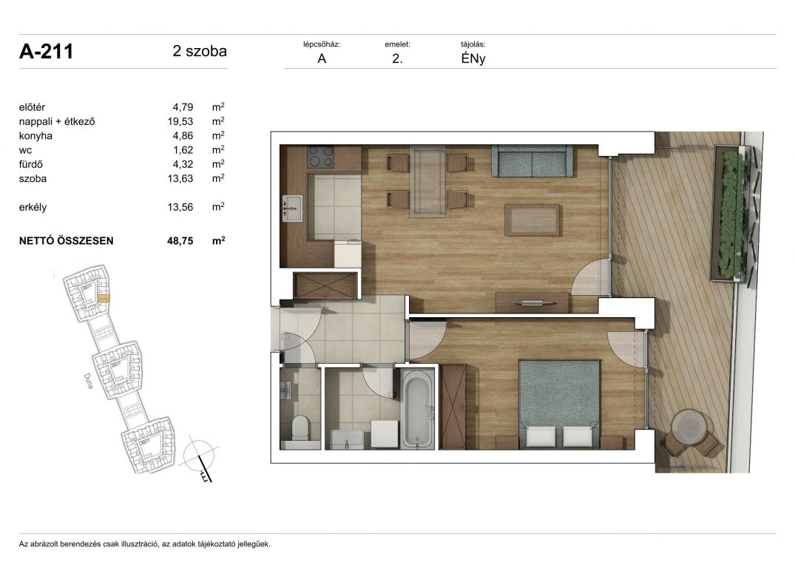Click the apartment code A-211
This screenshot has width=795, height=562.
click(46, 51)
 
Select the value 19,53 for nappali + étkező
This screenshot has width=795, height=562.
click(180, 121)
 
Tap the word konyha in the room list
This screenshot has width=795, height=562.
click(35, 136)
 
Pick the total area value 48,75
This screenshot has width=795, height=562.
click(180, 241)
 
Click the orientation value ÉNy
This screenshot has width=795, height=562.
click(473, 58)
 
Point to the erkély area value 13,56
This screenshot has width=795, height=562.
click(180, 207)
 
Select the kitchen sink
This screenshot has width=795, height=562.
click(292, 209)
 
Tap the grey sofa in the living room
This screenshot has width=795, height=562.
click(531, 161)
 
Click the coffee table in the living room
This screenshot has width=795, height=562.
click(532, 220)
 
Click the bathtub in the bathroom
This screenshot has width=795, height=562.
click(417, 408)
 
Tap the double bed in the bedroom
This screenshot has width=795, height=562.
click(559, 404)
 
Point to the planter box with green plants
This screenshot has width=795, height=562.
click(730, 211)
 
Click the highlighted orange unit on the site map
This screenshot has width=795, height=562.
click(103, 299)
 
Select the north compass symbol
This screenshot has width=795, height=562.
click(202, 458)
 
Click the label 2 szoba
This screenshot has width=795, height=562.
click(200, 51)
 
